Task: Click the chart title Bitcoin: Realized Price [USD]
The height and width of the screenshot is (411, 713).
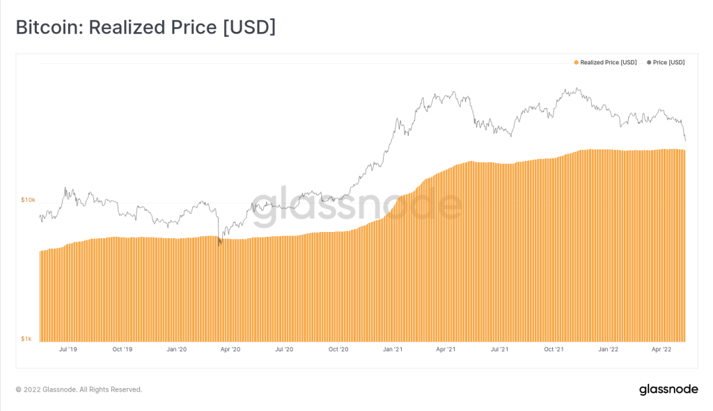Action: click(x=146, y=27)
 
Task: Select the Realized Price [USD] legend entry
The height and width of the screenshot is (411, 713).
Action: click(x=605, y=63)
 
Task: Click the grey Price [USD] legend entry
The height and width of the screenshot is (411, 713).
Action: click(x=666, y=63)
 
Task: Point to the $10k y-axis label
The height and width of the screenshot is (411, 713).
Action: click(x=28, y=200)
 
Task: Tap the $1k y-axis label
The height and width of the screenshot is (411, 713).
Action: click(x=26, y=339)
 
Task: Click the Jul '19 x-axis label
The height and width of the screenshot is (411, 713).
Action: click(x=68, y=349)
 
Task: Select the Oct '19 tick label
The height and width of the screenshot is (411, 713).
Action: click(x=122, y=349)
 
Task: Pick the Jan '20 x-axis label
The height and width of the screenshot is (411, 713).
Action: click(x=177, y=349)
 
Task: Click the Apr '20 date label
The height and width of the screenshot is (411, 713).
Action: click(x=230, y=349)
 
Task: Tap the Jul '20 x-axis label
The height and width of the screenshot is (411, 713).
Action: click(x=283, y=349)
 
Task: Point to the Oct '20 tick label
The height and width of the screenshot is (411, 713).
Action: click(x=338, y=349)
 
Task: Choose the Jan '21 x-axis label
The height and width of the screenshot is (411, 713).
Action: click(x=393, y=349)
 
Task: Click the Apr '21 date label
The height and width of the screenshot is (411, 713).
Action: click(x=446, y=349)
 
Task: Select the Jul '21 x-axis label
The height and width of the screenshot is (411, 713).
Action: click(x=499, y=349)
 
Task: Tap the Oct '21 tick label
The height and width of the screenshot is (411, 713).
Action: click(x=554, y=349)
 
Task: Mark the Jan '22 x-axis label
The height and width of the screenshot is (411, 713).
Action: click(x=609, y=349)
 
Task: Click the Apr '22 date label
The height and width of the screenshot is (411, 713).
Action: click(x=661, y=349)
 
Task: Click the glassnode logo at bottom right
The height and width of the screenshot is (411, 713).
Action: click(x=668, y=389)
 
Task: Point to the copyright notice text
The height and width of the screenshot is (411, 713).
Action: click(x=79, y=389)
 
